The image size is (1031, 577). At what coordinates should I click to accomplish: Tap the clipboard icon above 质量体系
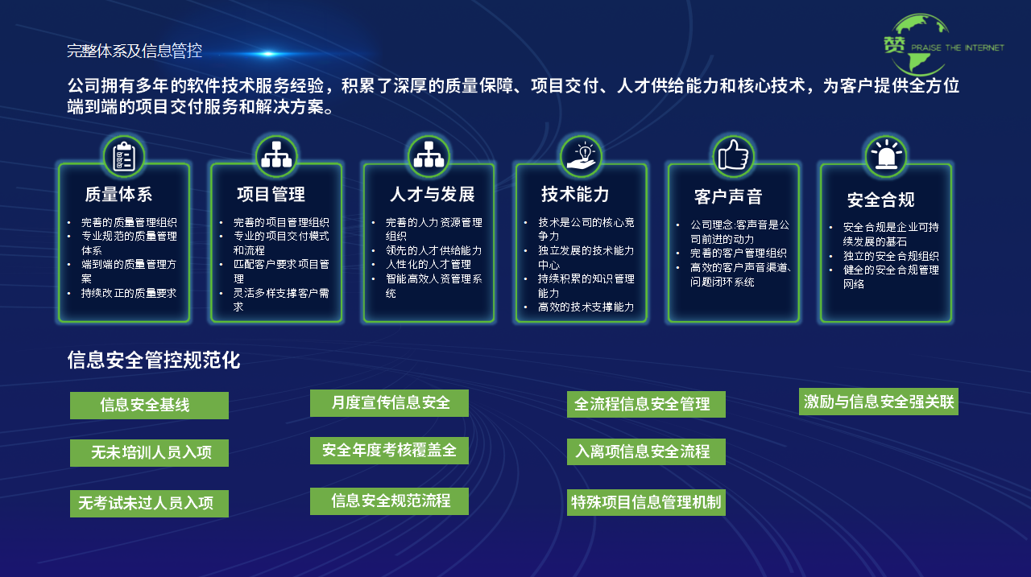[x=124, y=157]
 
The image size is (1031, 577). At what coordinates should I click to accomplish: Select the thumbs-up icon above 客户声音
[x=733, y=155]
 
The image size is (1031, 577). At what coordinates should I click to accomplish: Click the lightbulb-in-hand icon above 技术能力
[x=581, y=155]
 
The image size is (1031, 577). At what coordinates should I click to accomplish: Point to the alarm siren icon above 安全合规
[x=885, y=156]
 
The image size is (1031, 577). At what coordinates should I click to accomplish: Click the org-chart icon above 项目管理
[x=276, y=155]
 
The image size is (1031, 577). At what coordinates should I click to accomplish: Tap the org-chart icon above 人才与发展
[x=429, y=155]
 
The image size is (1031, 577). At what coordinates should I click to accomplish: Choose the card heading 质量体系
[x=118, y=194]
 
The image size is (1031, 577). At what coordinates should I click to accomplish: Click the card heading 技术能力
[x=575, y=194]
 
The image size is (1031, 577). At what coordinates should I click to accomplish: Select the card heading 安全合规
[x=880, y=200]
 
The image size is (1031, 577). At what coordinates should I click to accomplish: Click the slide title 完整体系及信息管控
[x=135, y=52]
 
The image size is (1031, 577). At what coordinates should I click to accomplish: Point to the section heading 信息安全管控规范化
[x=154, y=360]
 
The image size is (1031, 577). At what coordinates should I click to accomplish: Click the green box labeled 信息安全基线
[x=149, y=406]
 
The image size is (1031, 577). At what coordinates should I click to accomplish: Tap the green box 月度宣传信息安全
[x=389, y=403]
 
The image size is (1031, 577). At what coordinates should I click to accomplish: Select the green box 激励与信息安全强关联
[x=878, y=402]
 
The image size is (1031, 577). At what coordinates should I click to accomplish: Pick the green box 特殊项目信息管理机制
[x=646, y=503]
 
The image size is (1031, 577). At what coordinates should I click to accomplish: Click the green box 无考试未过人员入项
[x=149, y=504]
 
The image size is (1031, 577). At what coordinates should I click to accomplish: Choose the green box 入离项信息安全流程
[x=646, y=452]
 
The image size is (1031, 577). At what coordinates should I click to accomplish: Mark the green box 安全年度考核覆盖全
[x=389, y=451]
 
